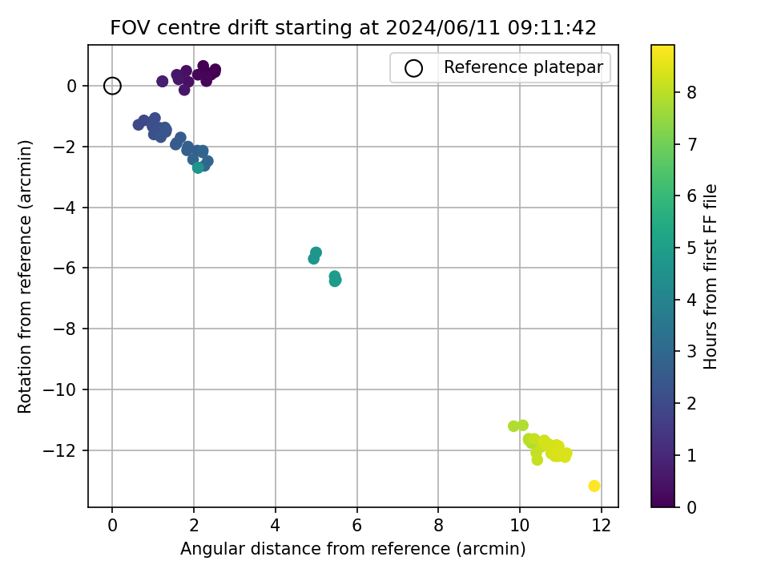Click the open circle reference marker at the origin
112,86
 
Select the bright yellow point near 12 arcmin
594,486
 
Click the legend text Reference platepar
523,67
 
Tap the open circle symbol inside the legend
413,68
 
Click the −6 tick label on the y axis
65,268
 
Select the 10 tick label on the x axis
520,526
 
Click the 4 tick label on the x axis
275,526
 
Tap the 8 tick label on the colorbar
691,92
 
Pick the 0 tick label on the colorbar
691,506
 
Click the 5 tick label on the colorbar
691,248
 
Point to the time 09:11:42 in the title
552,27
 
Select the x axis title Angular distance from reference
316,548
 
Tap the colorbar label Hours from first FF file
711,276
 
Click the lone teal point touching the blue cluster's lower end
198,167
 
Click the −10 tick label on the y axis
60,389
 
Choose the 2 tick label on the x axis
194,526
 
